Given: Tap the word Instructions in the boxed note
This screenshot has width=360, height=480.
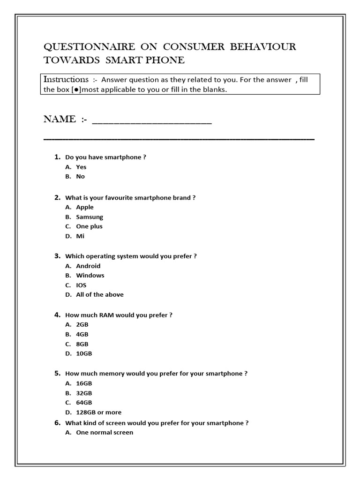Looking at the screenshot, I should (x=66, y=79).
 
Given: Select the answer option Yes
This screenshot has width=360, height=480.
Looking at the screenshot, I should (x=81, y=167).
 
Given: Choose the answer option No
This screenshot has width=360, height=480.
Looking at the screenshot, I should (x=80, y=177).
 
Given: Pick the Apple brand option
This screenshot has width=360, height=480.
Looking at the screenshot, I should (x=85, y=207).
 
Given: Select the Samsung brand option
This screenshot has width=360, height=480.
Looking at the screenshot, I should (x=90, y=217).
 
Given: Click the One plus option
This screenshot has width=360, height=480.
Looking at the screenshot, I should (x=89, y=226).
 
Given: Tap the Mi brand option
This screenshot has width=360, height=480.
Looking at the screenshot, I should (x=80, y=236).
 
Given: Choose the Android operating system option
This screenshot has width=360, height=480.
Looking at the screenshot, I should (x=88, y=266).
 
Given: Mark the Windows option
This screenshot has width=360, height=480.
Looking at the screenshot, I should (x=90, y=276).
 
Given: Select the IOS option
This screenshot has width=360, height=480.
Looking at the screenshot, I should (x=81, y=285).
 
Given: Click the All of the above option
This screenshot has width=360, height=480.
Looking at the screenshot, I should (x=100, y=295).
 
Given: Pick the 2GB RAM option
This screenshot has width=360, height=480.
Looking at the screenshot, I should (x=82, y=324).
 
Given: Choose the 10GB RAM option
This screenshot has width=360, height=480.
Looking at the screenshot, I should (x=84, y=353).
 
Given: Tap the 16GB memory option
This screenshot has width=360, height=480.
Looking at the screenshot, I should (x=84, y=383).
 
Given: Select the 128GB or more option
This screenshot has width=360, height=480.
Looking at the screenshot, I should (x=98, y=412).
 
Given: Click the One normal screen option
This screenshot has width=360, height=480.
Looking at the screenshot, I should (x=105, y=433).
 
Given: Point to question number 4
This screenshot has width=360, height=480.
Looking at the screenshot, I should (x=57, y=315).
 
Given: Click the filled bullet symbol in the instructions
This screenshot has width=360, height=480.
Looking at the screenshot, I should (x=74, y=90).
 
